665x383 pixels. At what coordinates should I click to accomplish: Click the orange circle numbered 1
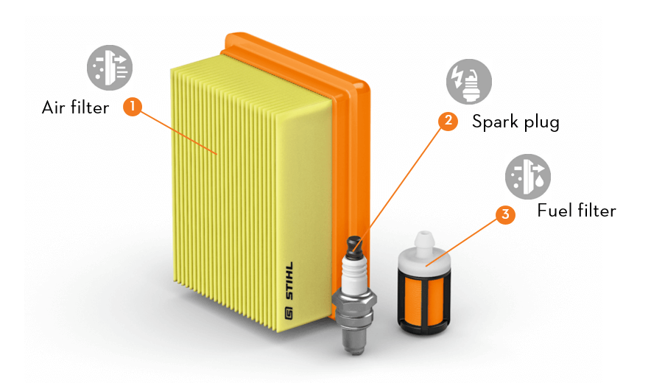pyautogui.click(x=132, y=107)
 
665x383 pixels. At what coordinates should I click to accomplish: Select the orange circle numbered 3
pyautogui.click(x=504, y=215)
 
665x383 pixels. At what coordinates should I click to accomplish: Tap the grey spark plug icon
pyautogui.click(x=468, y=82)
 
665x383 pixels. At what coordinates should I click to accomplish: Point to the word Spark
pyautogui.click(x=495, y=122)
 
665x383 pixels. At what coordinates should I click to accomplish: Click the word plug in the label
pyautogui.click(x=541, y=123)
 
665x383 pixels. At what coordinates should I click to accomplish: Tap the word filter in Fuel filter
pyautogui.click(x=596, y=211)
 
